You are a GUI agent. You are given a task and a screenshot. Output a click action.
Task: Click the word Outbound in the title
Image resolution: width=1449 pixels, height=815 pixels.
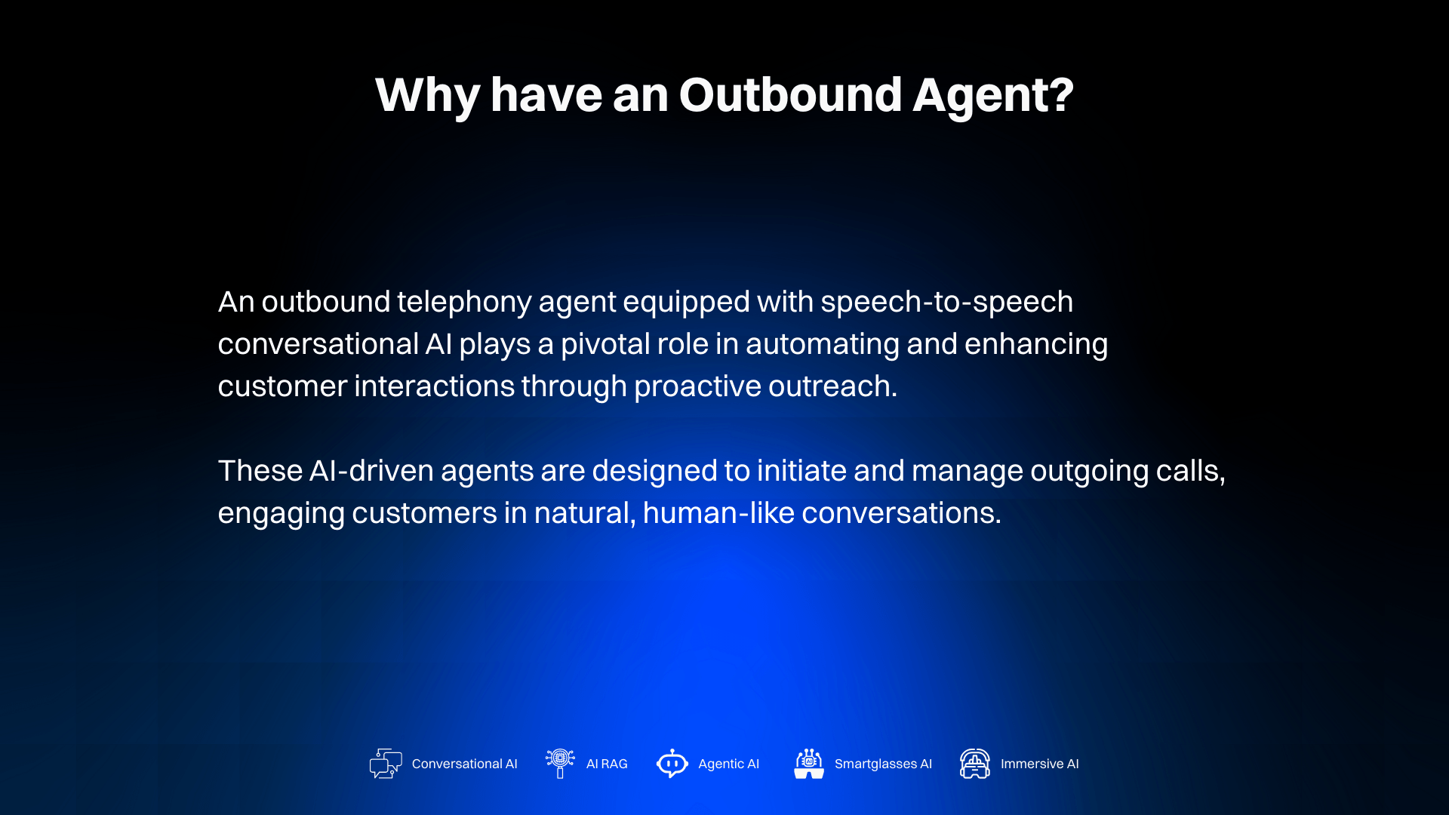coord(790,95)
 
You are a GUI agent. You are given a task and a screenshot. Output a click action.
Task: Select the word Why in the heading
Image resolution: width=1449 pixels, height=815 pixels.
coord(426,95)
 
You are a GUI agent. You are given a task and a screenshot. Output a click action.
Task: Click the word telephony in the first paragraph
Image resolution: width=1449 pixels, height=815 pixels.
coord(464,302)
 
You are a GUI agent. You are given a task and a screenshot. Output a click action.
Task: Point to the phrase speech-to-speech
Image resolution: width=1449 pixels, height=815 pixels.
coord(946,302)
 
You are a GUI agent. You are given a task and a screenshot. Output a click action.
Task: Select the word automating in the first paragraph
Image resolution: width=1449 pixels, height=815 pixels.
coord(822,344)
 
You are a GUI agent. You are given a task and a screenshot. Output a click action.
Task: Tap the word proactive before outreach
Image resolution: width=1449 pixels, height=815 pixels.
coord(697,386)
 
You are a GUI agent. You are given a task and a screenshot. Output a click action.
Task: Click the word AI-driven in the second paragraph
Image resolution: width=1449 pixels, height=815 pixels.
coord(371,471)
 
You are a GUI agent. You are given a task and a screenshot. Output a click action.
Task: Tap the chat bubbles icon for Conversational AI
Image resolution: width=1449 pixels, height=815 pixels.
coord(386,764)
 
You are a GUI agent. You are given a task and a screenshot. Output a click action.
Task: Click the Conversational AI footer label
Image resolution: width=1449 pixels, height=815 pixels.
coord(464,764)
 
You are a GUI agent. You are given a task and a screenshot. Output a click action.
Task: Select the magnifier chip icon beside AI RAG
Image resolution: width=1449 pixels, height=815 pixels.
coord(560,763)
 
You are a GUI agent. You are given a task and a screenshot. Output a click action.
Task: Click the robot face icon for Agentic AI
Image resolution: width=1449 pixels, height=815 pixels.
coord(672,764)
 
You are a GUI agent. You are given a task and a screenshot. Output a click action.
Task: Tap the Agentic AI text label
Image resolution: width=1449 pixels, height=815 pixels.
coord(728,764)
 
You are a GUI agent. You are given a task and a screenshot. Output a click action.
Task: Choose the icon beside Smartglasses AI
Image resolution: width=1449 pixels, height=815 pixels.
coord(808,764)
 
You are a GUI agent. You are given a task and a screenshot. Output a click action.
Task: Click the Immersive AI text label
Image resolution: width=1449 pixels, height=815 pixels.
coord(1039,764)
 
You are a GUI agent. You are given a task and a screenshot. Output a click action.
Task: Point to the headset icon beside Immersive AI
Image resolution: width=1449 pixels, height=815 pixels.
coord(974,764)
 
